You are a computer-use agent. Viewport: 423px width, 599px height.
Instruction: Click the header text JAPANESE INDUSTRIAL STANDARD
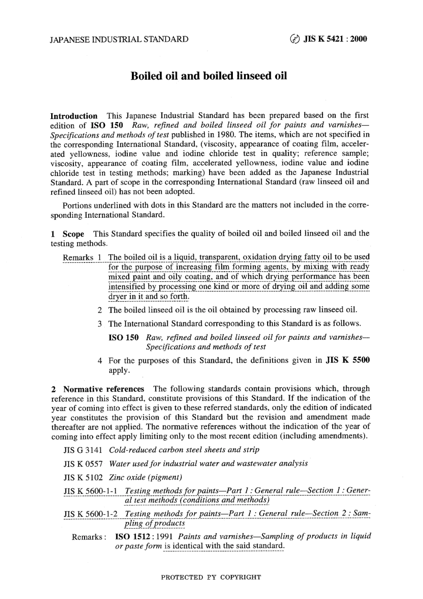tap(119, 39)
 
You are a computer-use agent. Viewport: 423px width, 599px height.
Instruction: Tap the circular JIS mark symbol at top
tap(295, 39)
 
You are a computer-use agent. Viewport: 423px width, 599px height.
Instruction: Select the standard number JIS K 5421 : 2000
tap(335, 39)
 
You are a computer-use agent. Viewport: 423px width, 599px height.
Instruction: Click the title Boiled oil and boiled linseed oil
tap(208, 76)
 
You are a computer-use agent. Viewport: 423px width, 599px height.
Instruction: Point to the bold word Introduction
tap(74, 116)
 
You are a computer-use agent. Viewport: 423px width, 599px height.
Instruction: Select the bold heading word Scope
tap(73, 234)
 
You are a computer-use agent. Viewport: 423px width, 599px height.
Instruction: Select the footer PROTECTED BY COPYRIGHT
tap(211, 577)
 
